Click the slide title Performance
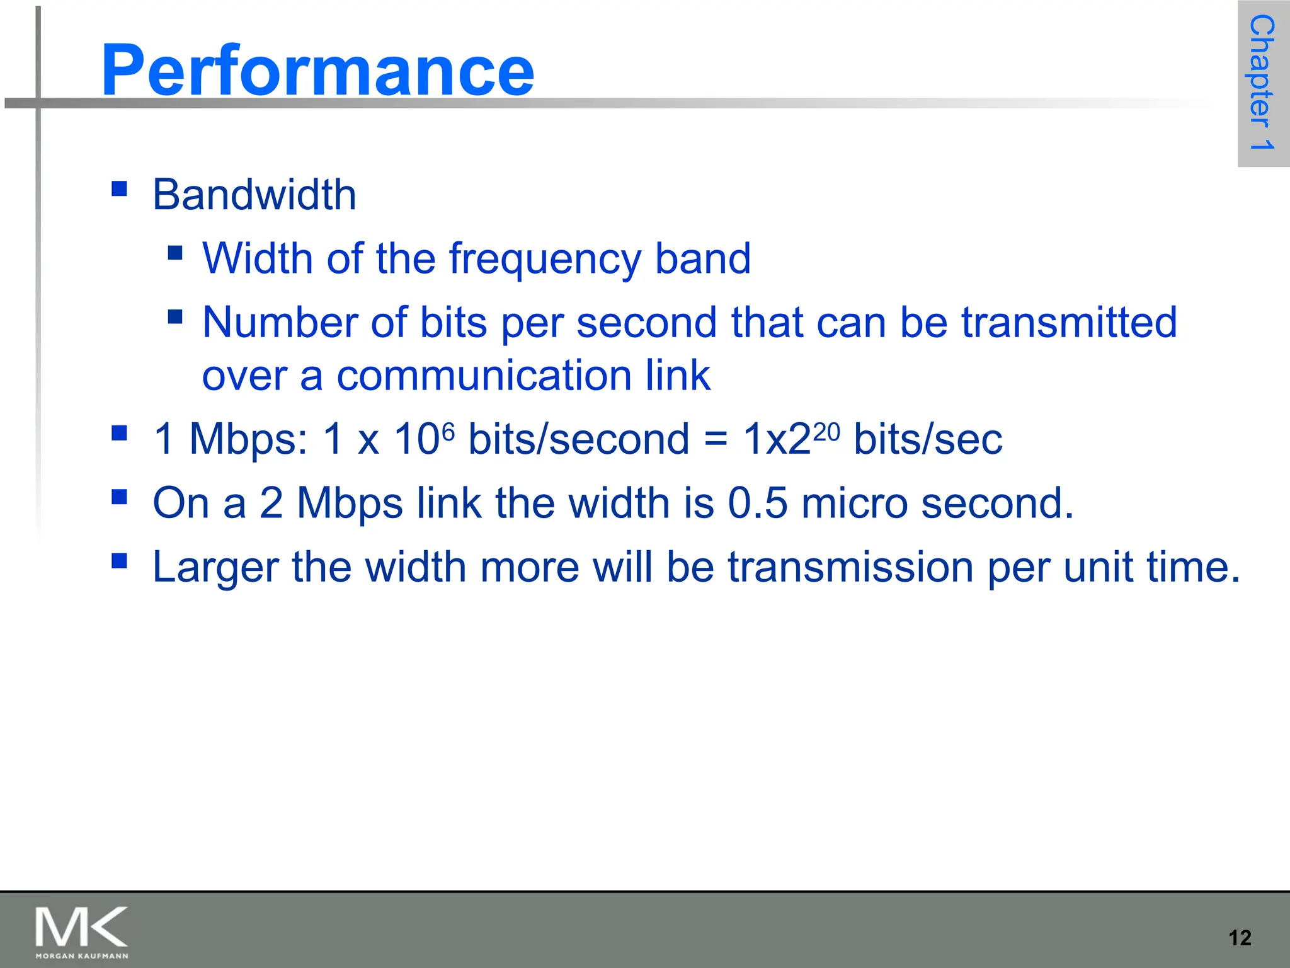coord(317,70)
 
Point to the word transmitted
coord(1069,323)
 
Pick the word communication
coord(484,376)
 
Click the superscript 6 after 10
coord(448,431)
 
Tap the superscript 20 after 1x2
coord(826,432)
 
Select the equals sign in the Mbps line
coord(716,439)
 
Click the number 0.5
coord(758,503)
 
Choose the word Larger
coord(215,567)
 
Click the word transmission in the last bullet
coord(850,567)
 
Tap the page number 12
coord(1240,938)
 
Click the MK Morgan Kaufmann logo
coord(82,931)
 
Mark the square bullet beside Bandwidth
coord(119,188)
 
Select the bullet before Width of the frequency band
coord(175,253)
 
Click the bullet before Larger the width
coord(119,560)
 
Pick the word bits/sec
coord(928,439)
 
